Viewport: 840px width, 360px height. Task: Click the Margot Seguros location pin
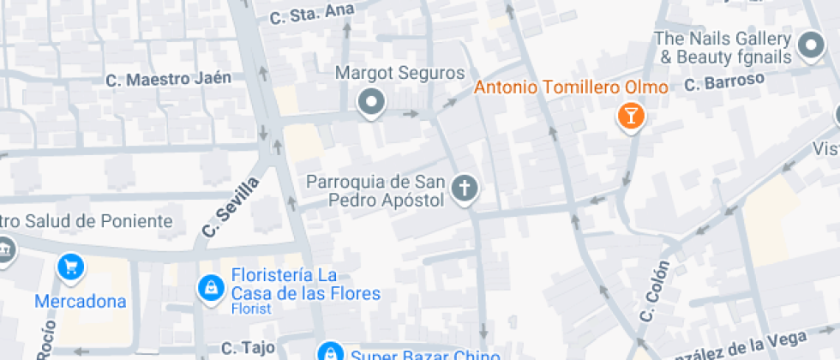(x=371, y=104)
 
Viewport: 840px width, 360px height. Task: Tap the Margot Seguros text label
(x=399, y=74)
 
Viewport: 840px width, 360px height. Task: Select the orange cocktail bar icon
(x=631, y=117)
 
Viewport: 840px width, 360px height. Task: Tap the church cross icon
(x=464, y=189)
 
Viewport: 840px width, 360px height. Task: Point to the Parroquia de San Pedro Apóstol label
(x=375, y=191)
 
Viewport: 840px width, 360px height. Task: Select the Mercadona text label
(x=81, y=301)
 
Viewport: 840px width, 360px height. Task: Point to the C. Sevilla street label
(x=231, y=207)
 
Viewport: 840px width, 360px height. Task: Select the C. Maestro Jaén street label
(x=169, y=80)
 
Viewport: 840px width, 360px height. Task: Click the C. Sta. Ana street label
(x=300, y=14)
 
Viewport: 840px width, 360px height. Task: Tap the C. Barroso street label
(x=723, y=82)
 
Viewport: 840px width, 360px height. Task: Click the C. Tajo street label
(x=248, y=347)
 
